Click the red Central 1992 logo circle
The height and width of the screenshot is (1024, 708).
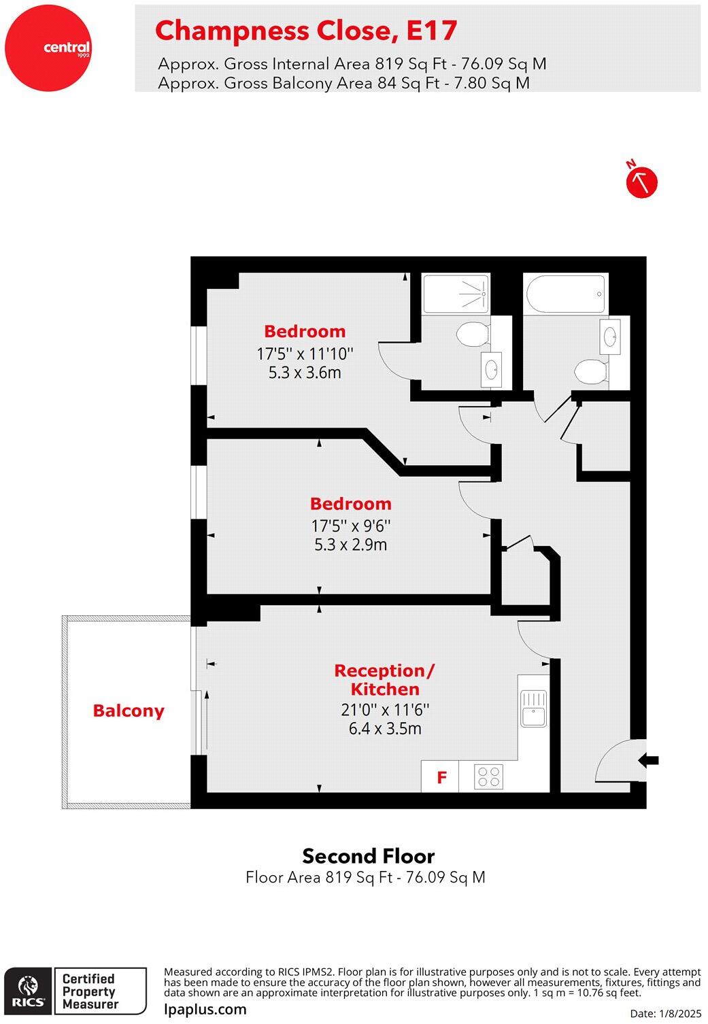point(48,48)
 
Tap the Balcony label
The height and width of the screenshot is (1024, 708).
point(129,711)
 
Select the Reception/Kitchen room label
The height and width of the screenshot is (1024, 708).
point(384,680)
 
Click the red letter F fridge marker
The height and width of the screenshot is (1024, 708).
point(441,776)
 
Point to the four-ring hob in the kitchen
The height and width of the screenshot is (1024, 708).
point(489,776)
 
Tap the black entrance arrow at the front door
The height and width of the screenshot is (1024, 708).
point(649,760)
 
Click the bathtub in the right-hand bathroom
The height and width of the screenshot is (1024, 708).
point(565,294)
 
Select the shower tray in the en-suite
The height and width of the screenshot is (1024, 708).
point(456,294)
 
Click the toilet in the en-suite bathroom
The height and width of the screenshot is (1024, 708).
point(473,334)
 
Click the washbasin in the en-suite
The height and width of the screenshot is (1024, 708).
point(491,369)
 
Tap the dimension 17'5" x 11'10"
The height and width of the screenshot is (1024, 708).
point(305,354)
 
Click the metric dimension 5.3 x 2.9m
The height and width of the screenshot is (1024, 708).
point(350,545)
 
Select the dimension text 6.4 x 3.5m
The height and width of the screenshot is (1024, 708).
point(385,729)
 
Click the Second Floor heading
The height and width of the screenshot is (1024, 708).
point(368,856)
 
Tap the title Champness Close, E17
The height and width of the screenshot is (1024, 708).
point(306,31)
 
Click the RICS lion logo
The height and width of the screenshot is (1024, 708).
point(29,991)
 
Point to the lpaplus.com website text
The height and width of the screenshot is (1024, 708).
point(205,1009)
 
